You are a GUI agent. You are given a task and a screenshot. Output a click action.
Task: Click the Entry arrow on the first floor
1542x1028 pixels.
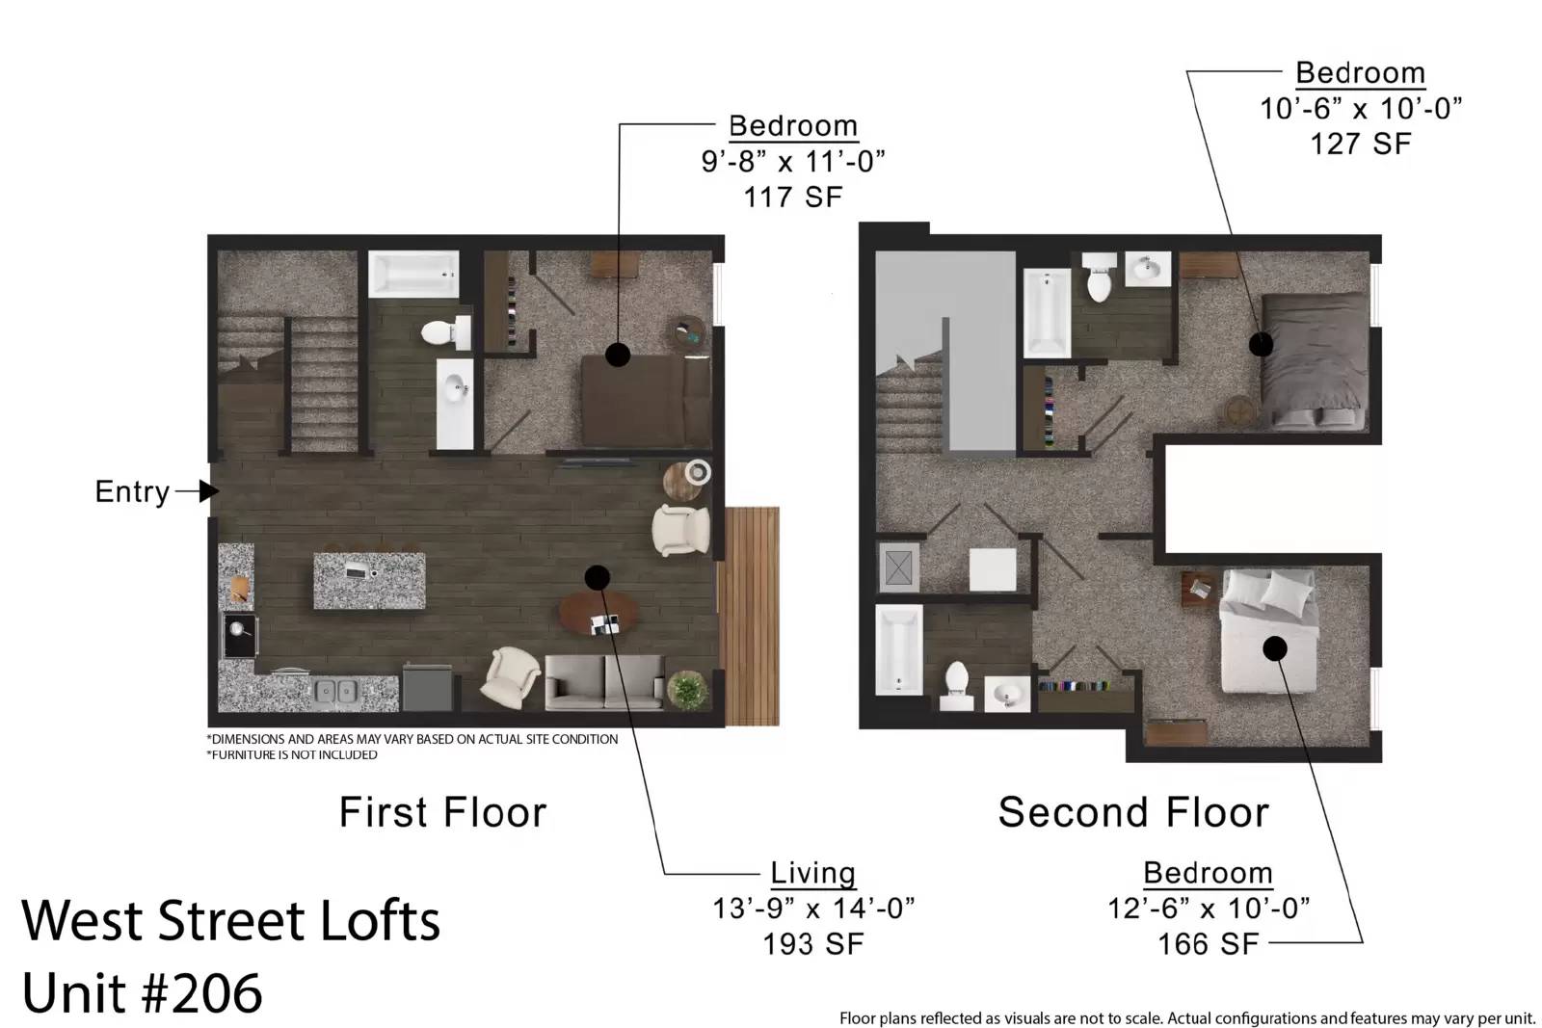click(x=198, y=491)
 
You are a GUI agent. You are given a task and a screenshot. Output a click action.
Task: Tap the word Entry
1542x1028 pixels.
click(x=132, y=492)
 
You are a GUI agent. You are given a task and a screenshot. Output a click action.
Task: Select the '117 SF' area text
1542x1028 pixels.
click(x=793, y=198)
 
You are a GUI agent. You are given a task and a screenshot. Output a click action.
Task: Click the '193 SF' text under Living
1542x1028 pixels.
click(x=813, y=944)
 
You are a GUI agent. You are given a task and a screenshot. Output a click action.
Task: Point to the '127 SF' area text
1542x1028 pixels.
click(x=1360, y=145)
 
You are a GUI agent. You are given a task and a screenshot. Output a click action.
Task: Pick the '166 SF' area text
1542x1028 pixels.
click(x=1209, y=944)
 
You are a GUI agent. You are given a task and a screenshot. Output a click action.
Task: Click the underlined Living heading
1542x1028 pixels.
click(x=813, y=873)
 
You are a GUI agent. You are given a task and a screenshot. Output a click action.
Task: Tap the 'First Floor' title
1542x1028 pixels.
click(x=442, y=812)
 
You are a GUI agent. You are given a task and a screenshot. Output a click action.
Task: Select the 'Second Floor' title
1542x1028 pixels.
click(x=1133, y=812)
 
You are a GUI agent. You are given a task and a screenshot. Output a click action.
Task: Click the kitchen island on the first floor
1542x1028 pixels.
click(x=369, y=581)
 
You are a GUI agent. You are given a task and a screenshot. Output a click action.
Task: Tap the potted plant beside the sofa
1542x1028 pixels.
click(x=687, y=690)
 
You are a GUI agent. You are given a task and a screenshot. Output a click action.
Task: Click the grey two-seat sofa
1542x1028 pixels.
click(x=605, y=682)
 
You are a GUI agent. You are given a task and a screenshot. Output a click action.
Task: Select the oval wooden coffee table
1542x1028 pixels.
click(x=598, y=614)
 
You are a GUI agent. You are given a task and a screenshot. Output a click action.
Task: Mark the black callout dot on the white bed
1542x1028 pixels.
click(x=1274, y=648)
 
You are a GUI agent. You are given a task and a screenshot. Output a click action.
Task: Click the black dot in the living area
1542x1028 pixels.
click(x=597, y=578)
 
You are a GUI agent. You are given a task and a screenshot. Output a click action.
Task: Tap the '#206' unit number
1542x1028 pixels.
click(x=202, y=993)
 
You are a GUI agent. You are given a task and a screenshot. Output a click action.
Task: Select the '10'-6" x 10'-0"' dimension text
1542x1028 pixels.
click(x=1360, y=109)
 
